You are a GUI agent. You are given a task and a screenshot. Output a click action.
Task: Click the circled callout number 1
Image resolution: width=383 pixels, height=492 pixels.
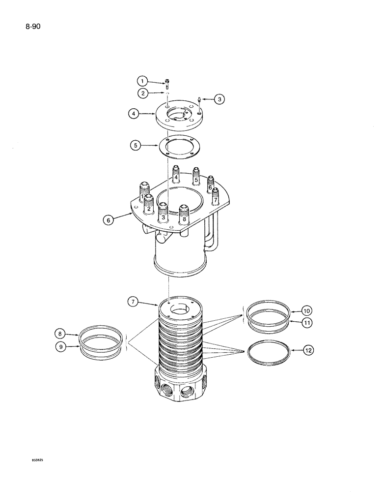142,81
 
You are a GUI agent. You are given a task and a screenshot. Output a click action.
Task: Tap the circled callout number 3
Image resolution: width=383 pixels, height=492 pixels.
219,99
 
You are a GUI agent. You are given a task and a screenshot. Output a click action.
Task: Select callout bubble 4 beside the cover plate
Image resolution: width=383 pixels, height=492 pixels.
133,114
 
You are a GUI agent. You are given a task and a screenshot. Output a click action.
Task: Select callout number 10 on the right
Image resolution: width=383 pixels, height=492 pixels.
306,311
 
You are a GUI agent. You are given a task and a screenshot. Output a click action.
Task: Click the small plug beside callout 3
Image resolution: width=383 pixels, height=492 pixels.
199,100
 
